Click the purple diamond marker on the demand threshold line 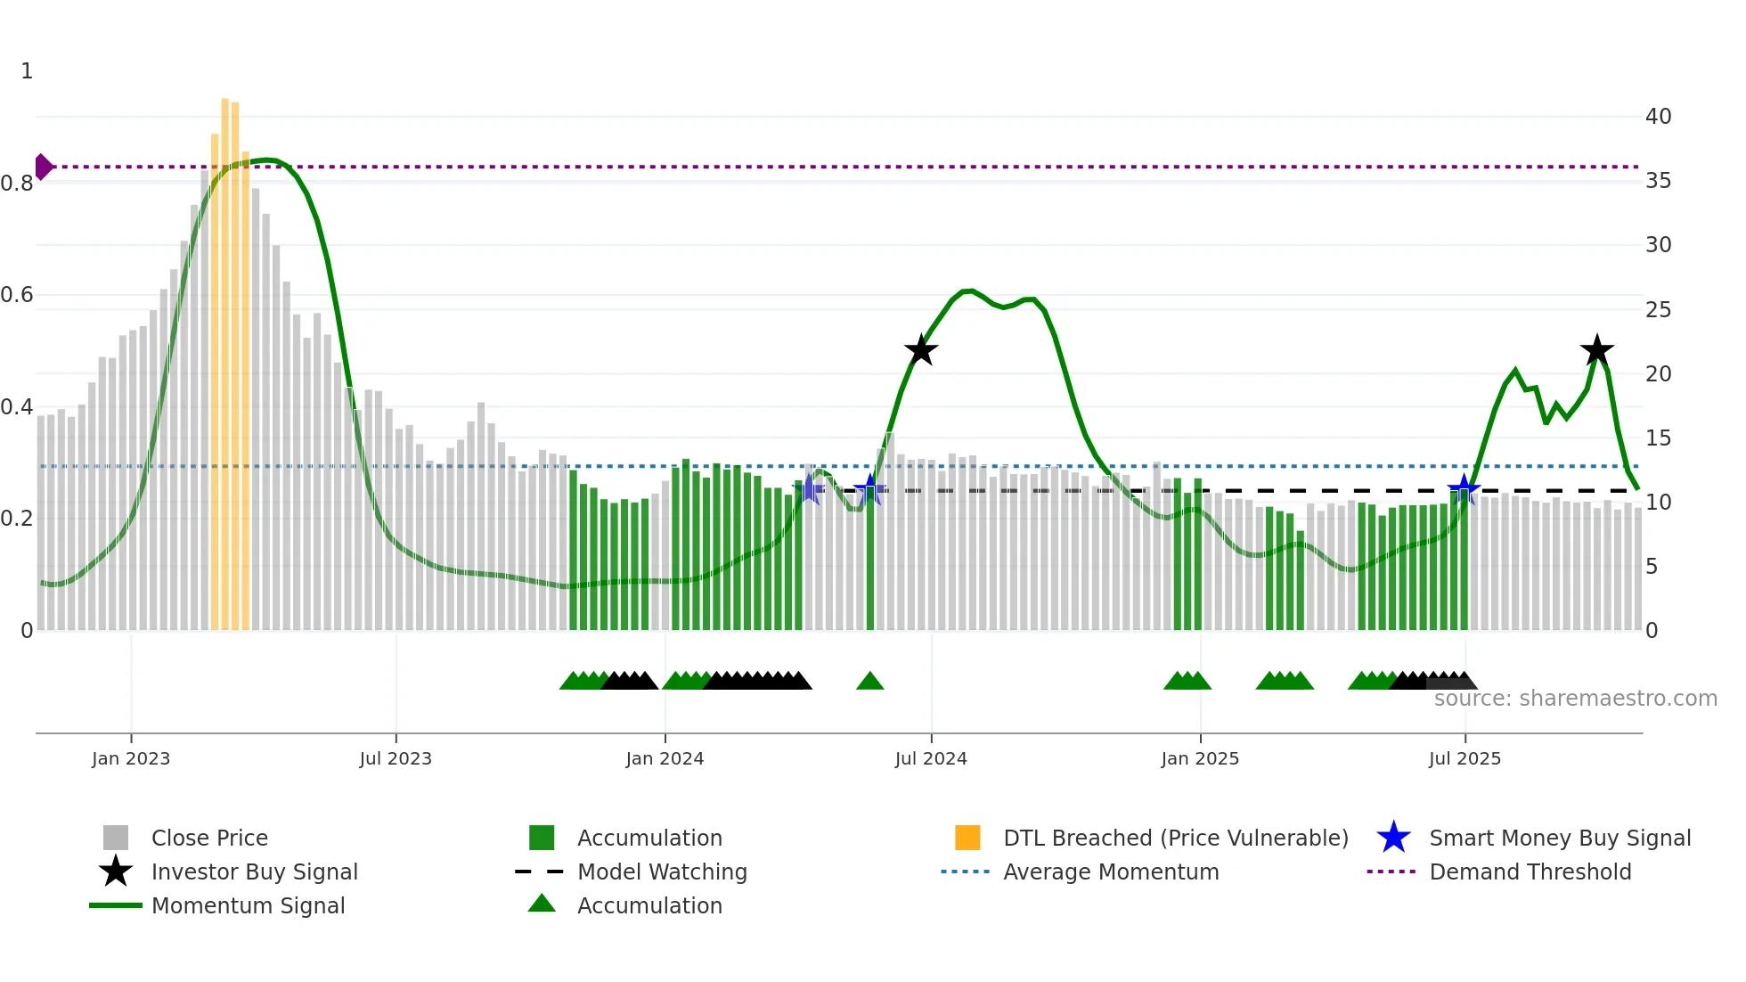tap(43, 167)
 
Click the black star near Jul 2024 tap(921, 350)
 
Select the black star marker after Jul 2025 tap(1596, 350)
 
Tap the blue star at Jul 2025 tap(1464, 489)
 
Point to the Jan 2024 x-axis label tap(665, 758)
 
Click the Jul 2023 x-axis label tap(396, 758)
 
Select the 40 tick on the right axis tap(1658, 117)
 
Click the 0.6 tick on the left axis tap(18, 295)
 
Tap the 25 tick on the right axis tap(1658, 310)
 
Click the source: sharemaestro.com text tap(1575, 699)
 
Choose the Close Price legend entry tap(209, 838)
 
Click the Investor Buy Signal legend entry tap(254, 872)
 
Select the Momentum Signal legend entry tap(248, 905)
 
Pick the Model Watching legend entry tap(662, 872)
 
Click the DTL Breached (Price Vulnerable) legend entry tap(1175, 838)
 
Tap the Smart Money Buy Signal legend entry tap(1559, 838)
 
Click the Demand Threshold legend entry tap(1530, 872)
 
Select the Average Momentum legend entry tap(1110, 872)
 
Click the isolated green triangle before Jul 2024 tap(869, 682)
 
